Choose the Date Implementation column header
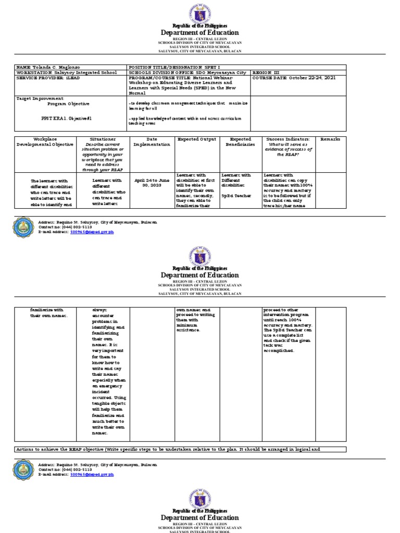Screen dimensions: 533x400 point(152,142)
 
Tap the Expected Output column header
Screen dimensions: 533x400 point(196,139)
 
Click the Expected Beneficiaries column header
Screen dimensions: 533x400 point(240,142)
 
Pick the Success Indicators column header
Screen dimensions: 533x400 point(287,139)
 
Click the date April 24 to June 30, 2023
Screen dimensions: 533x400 point(152,183)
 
